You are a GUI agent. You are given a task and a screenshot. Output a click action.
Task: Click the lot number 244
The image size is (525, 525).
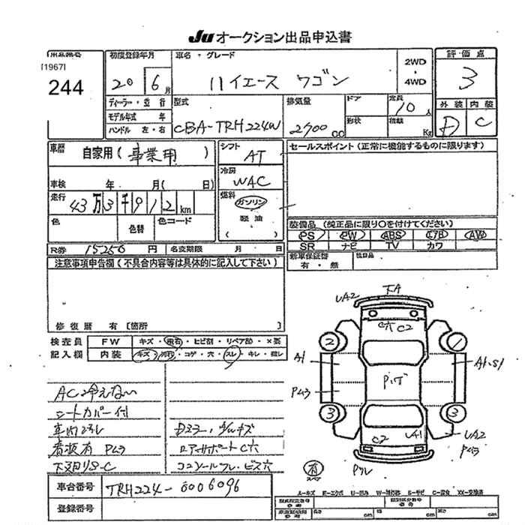pos(65,88)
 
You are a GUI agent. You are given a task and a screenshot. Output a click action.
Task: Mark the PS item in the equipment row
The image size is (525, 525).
pos(307,235)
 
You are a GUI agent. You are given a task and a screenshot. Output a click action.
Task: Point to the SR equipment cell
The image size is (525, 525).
pos(307,245)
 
